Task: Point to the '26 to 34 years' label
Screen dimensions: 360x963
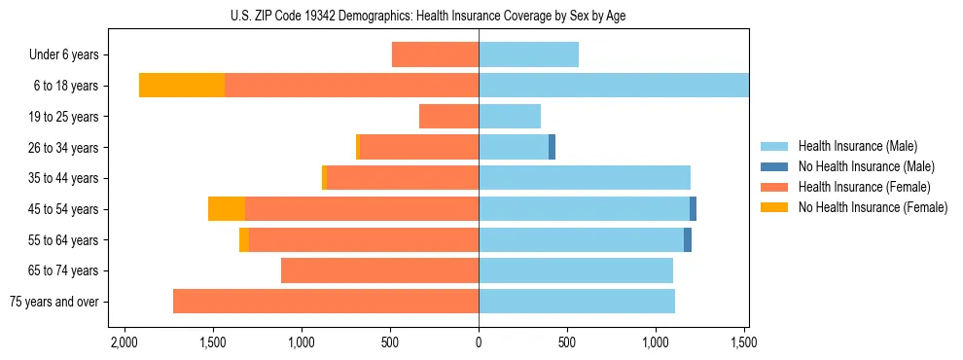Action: [x=64, y=148]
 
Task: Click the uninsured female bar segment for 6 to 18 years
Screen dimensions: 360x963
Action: [x=182, y=86]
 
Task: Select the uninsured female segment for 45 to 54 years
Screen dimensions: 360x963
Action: [x=227, y=209]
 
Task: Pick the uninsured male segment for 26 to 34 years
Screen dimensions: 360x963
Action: [x=552, y=148]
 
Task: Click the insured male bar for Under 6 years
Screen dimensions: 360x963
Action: [x=528, y=54]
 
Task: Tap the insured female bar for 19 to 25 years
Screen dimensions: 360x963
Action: [x=448, y=117]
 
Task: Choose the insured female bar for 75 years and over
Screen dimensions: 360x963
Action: [x=326, y=302]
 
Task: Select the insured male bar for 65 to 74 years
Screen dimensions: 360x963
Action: [x=576, y=270]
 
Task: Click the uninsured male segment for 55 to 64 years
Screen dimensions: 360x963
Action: [x=688, y=240]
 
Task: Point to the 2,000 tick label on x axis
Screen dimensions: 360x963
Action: [x=124, y=342]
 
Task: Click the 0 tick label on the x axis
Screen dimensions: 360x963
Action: [x=479, y=342]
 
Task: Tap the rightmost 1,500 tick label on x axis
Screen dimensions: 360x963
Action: [x=744, y=342]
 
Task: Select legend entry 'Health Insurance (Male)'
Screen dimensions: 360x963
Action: [x=857, y=146]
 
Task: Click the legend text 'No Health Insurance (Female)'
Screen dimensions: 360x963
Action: [x=873, y=207]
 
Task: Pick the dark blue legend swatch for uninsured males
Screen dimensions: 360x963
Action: [x=774, y=166]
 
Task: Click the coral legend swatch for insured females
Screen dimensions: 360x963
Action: [x=774, y=187]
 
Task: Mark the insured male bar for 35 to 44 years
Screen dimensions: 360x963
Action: [x=585, y=178]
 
